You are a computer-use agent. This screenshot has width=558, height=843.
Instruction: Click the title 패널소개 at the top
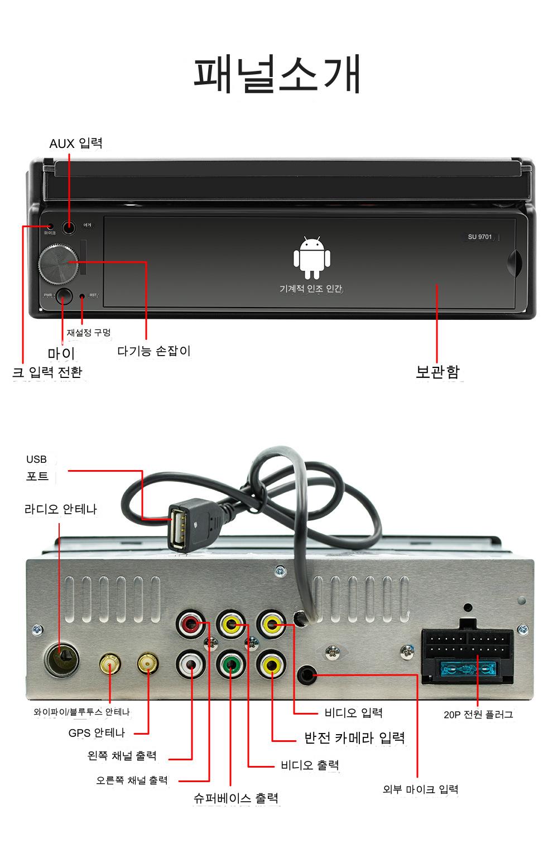pos(277,74)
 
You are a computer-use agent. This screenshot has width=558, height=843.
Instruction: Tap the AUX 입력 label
pos(76,143)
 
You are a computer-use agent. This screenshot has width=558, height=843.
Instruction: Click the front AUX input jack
pos(69,228)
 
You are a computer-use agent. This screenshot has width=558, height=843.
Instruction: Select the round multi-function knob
pos(58,264)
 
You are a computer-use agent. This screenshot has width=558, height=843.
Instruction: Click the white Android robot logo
pos(312,258)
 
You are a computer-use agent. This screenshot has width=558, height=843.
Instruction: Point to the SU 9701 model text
pos(480,237)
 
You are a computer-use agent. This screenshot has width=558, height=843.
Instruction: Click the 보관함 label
pos(438,372)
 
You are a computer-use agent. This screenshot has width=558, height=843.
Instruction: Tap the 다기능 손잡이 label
pos(154,351)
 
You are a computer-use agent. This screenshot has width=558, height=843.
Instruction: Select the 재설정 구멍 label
pos(89,333)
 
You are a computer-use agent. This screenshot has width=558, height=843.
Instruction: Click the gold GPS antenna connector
pos(148,664)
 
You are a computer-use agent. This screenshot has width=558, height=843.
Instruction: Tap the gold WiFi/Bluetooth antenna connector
pos(110,664)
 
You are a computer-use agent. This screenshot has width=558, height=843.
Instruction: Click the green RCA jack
pos(230,665)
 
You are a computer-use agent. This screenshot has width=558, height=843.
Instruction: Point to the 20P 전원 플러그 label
pos(478,715)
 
